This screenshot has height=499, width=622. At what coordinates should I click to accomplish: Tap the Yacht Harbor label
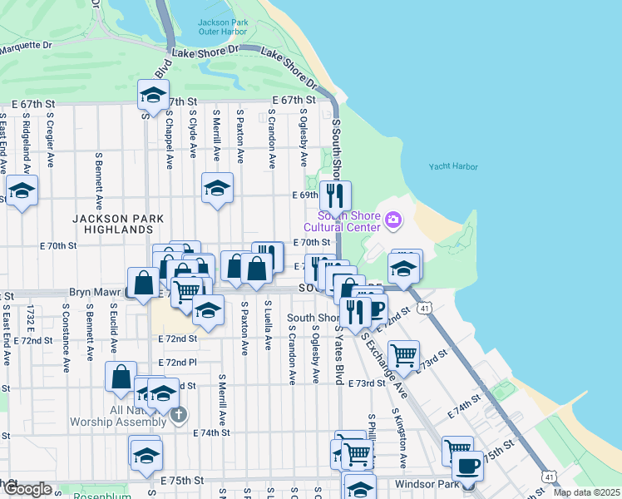[x=453, y=166]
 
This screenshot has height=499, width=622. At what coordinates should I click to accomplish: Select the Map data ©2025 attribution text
[x=586, y=492]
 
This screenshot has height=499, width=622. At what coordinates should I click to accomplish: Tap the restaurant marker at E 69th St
[x=335, y=195]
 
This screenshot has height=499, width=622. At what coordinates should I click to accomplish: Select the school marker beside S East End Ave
[x=21, y=191]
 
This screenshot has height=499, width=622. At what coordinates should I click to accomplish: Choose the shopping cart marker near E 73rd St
[x=403, y=355]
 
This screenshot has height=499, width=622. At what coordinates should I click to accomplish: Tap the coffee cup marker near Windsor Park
[x=467, y=466]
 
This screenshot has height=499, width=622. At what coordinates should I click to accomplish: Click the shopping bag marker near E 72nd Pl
[x=121, y=376]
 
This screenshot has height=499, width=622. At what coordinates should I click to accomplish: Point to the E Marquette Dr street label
[x=25, y=46]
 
